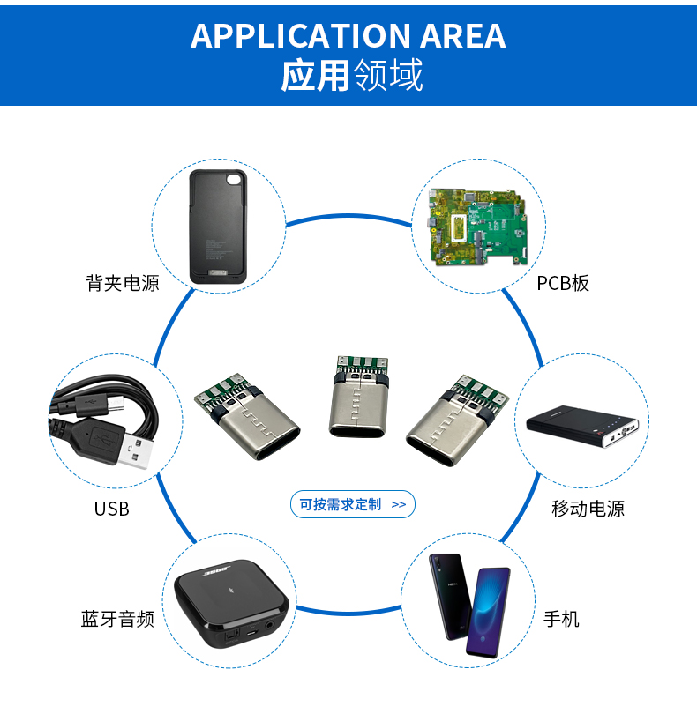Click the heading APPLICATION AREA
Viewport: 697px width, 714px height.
[348, 36]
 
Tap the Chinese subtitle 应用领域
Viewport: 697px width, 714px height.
[352, 77]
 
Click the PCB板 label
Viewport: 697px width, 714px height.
[563, 283]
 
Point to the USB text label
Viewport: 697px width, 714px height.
[111, 509]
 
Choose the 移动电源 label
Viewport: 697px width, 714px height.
[588, 509]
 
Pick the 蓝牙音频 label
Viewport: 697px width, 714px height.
[117, 619]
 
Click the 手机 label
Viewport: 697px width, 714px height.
[561, 619]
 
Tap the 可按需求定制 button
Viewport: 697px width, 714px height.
[352, 504]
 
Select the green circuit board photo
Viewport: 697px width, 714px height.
[477, 227]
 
